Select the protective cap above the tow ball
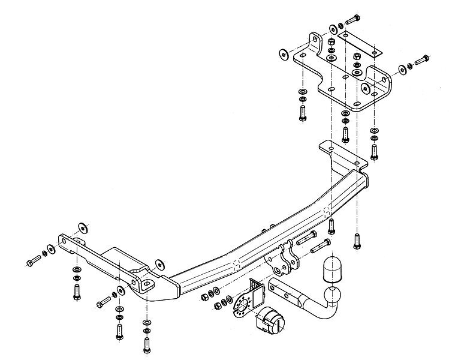[332, 269]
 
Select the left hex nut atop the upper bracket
[331, 42]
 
